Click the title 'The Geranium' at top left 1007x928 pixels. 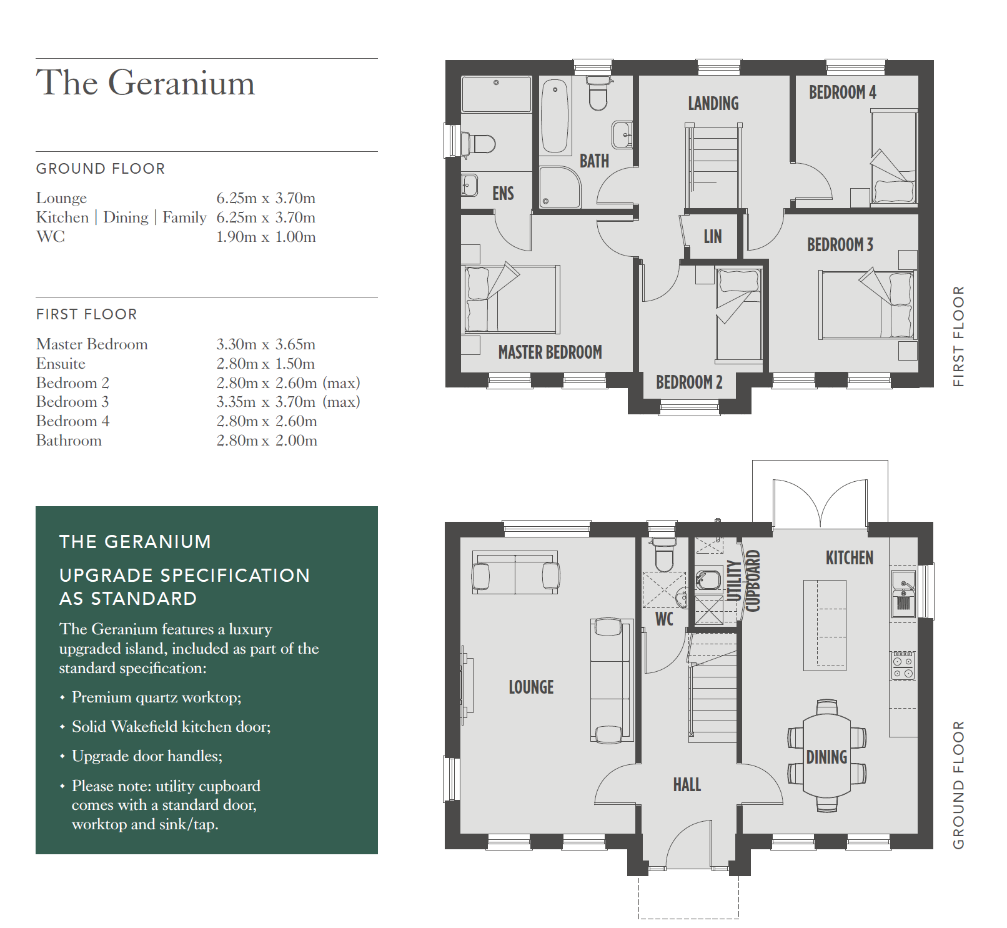(x=146, y=82)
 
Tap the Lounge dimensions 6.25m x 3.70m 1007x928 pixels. (x=266, y=198)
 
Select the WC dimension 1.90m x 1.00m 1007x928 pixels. (x=266, y=237)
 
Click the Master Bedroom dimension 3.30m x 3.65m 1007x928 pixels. (x=266, y=344)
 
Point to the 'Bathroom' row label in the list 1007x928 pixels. (x=69, y=441)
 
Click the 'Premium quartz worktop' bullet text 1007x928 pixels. (x=156, y=697)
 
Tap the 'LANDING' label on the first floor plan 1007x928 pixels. (x=713, y=104)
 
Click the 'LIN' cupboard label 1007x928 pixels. (x=713, y=237)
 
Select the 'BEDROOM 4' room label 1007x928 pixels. (x=843, y=92)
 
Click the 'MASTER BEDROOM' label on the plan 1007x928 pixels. (x=550, y=352)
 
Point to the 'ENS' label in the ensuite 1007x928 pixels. (x=503, y=194)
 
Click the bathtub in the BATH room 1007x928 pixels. (x=555, y=116)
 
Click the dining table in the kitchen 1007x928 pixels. (x=826, y=756)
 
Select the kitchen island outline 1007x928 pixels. (x=825, y=626)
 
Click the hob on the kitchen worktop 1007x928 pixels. (x=903, y=666)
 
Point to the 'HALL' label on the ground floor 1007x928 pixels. (x=687, y=785)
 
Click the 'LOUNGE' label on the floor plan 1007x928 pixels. (x=531, y=687)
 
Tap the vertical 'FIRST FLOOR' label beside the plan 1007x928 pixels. (x=959, y=337)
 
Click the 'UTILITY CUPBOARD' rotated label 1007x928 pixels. (x=744, y=581)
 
